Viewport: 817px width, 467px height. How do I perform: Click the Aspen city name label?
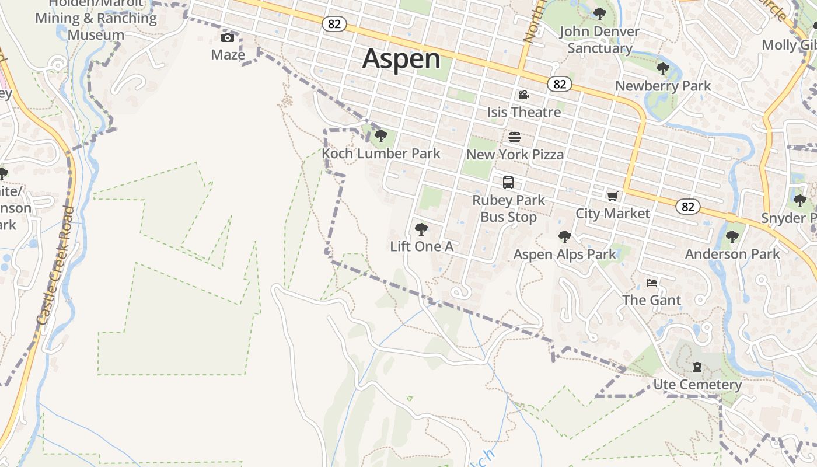click(x=401, y=60)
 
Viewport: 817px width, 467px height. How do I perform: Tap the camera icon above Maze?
click(x=228, y=38)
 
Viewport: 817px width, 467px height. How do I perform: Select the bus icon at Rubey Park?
click(x=508, y=182)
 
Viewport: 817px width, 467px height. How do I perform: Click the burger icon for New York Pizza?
click(x=515, y=137)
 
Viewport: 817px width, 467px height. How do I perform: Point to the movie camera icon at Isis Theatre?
click(x=523, y=95)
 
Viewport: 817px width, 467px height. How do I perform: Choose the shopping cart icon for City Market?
click(x=612, y=197)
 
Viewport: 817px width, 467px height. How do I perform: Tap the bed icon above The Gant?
click(x=652, y=283)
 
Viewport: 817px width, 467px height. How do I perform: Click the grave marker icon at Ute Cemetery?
click(x=697, y=367)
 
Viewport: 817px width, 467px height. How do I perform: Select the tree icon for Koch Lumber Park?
click(x=381, y=136)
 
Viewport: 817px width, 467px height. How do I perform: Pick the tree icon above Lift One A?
click(x=421, y=229)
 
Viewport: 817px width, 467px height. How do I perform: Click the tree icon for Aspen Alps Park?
click(x=564, y=236)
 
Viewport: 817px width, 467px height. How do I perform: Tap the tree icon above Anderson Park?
click(x=732, y=237)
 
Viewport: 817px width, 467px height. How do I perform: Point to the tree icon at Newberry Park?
click(x=662, y=69)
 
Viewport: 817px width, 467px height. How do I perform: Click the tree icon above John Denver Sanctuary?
click(x=599, y=13)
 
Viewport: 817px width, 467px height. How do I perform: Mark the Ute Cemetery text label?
click(x=697, y=385)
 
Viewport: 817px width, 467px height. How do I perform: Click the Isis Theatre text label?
click(x=524, y=112)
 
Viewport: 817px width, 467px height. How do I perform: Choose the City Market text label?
click(x=613, y=214)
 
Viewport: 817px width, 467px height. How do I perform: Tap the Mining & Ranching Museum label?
click(x=96, y=26)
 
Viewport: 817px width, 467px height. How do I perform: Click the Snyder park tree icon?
click(x=800, y=201)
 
